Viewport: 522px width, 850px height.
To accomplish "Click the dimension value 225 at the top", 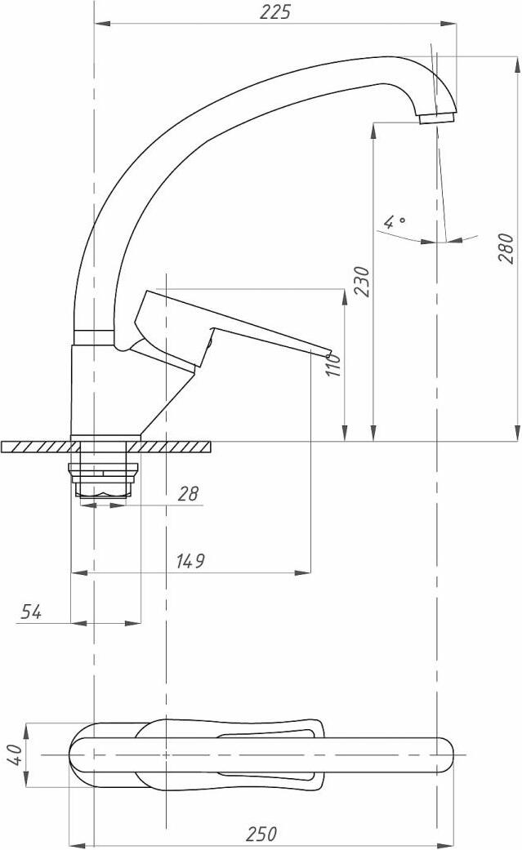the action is pyautogui.click(x=275, y=12).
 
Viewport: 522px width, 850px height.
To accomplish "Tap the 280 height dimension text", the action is pyautogui.click(x=506, y=249).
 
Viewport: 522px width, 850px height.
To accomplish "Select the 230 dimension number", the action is pyautogui.click(x=362, y=282).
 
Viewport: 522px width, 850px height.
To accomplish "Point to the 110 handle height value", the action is pyautogui.click(x=334, y=365).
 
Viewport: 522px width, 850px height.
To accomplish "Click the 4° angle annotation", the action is pyautogui.click(x=395, y=222).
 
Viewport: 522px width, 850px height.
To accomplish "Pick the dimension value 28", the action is pyautogui.click(x=188, y=493).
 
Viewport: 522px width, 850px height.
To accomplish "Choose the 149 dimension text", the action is pyautogui.click(x=190, y=561).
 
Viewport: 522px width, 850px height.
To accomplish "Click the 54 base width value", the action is pyautogui.click(x=31, y=612).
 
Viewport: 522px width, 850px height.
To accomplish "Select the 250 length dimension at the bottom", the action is pyautogui.click(x=261, y=833).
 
